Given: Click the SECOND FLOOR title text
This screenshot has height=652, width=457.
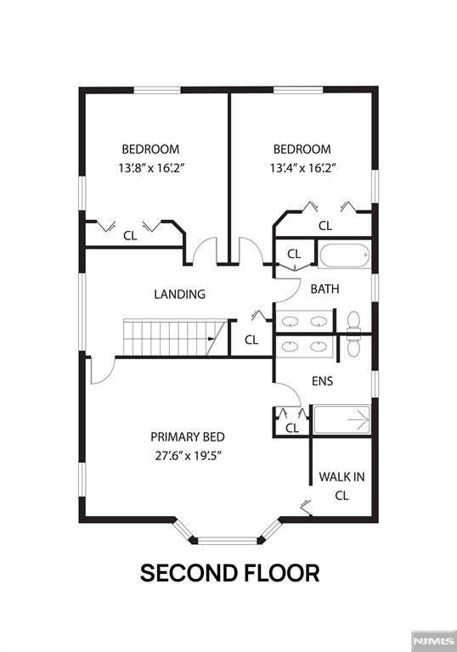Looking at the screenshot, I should (229, 572).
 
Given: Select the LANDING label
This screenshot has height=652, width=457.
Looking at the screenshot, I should (179, 295).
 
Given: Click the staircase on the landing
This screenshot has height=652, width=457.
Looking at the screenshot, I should (170, 337).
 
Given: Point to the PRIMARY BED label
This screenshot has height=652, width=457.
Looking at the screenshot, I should (188, 436).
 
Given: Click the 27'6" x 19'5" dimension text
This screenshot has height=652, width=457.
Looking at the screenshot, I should (188, 454).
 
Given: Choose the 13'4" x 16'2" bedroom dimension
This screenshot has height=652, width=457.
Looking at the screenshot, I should (302, 167).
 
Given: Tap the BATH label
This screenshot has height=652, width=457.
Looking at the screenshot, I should (324, 289).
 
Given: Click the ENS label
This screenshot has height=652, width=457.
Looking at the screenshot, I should (322, 381).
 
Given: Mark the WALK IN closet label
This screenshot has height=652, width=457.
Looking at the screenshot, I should (341, 477).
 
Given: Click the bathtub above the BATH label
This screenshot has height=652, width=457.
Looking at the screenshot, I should (343, 255).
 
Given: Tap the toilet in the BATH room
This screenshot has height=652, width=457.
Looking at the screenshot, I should (355, 321).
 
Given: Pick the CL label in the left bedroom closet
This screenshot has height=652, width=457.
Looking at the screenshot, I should (130, 236).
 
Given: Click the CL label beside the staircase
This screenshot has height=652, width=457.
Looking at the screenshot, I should (251, 340).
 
